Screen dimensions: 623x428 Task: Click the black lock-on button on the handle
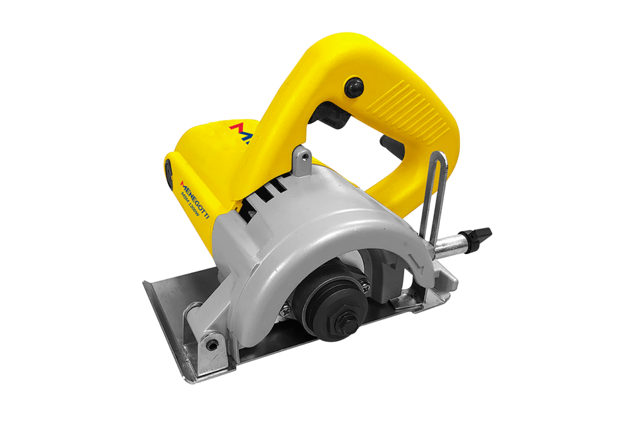click(x=353, y=86)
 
